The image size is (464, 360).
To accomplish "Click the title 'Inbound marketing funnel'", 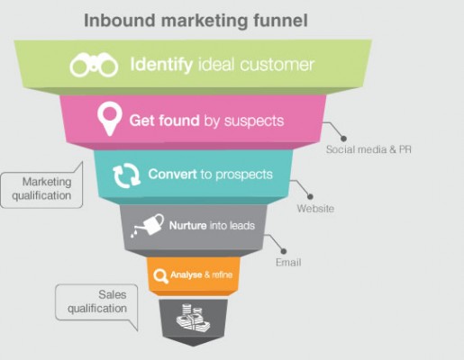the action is pyautogui.click(x=196, y=21).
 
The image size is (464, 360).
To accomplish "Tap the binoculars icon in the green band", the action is pyautogui.click(x=94, y=65).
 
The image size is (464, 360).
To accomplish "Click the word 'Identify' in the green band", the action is pyautogui.click(x=161, y=64).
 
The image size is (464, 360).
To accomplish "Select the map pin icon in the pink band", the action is pyautogui.click(x=110, y=119).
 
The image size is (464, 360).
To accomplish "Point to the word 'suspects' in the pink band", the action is pyautogui.click(x=254, y=121).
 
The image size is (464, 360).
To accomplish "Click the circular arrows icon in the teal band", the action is pyautogui.click(x=126, y=175).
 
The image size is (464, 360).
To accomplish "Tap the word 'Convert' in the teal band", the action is pyautogui.click(x=172, y=174).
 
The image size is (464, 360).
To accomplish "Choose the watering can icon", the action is pyautogui.click(x=147, y=225).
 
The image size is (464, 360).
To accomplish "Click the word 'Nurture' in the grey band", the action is pyautogui.click(x=187, y=225).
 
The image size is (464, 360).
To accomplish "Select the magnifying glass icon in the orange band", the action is pyautogui.click(x=160, y=275).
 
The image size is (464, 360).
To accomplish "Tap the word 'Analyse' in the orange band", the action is pyautogui.click(x=187, y=274).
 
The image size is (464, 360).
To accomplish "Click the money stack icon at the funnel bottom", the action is pyautogui.click(x=193, y=319).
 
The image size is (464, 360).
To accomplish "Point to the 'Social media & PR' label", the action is pyautogui.click(x=368, y=149).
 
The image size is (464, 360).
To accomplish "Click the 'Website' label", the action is pyautogui.click(x=315, y=209).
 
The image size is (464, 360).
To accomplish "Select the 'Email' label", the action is pyautogui.click(x=288, y=263).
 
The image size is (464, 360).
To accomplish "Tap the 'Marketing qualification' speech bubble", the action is pyautogui.click(x=41, y=189).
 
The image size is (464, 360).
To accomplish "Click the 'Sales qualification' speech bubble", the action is pyautogui.click(x=96, y=302).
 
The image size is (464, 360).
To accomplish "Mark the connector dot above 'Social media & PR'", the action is pyautogui.click(x=343, y=139).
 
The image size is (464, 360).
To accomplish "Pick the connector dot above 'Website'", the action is pyautogui.click(x=310, y=196).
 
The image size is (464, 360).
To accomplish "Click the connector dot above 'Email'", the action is pyautogui.click(x=283, y=251).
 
